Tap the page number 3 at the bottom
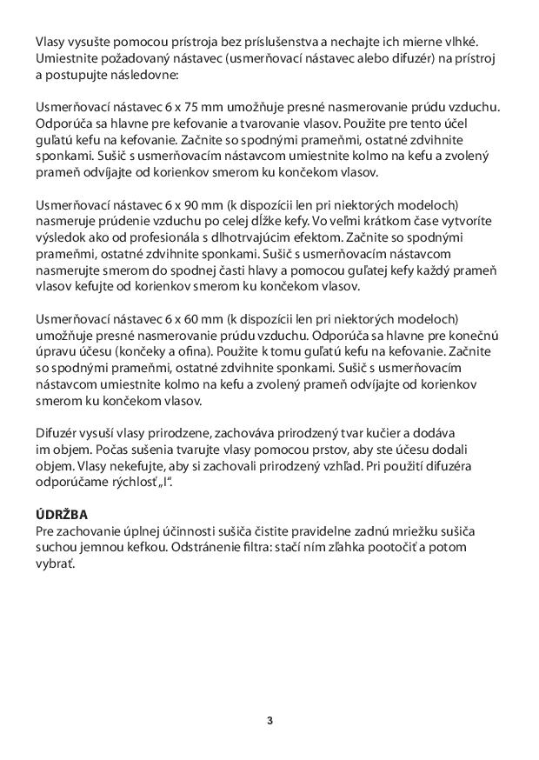269,720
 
